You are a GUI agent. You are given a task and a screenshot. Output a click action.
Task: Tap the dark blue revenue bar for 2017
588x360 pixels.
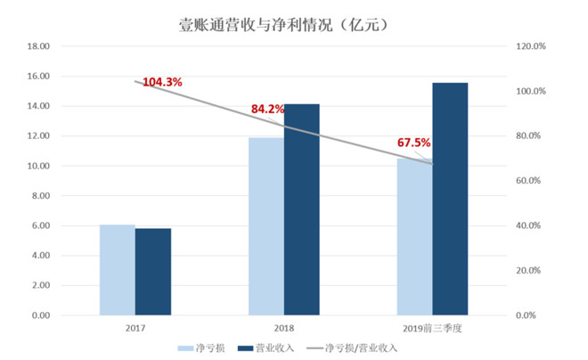(153, 272)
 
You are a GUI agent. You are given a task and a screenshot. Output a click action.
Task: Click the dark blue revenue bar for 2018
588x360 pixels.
(301, 210)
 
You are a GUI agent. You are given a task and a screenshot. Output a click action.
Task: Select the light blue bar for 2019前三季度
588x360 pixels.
(413, 237)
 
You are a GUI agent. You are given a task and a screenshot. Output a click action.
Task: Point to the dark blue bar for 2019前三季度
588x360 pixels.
(450, 200)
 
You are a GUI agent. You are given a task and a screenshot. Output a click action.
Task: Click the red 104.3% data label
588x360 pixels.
(162, 82)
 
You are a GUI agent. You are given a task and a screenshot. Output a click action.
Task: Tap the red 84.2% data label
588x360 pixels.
(267, 109)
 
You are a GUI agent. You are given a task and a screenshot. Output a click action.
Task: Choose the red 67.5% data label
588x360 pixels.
(413, 143)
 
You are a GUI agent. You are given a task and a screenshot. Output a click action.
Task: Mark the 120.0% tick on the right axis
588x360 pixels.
(532, 46)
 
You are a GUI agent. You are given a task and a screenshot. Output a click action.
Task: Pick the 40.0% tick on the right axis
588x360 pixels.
(534, 226)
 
